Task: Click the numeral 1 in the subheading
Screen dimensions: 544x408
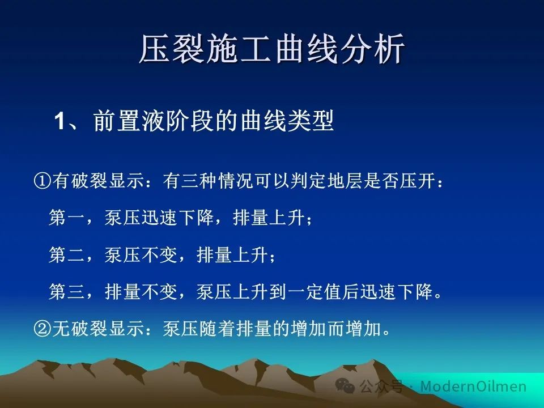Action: tap(59, 121)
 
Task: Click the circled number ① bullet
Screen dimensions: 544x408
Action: tap(42, 181)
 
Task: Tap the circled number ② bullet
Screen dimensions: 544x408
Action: tap(42, 328)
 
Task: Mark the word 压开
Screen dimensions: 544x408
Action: tap(418, 181)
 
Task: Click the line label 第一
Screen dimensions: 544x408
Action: tap(67, 218)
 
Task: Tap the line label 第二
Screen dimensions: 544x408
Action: tap(67, 254)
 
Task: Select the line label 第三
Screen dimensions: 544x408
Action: tap(67, 291)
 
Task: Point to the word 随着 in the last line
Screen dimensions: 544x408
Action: tap(218, 328)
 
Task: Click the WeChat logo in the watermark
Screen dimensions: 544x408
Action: tap(345, 385)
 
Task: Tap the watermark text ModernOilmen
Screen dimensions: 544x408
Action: tap(473, 386)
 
